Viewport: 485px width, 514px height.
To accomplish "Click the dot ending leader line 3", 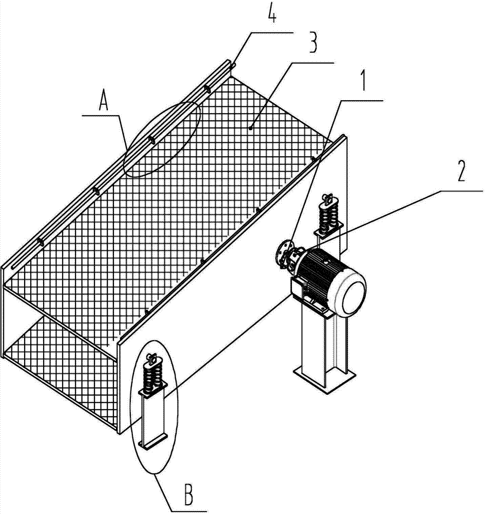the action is pos(250,128).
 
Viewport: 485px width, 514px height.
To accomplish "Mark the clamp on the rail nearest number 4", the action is pos(208,88).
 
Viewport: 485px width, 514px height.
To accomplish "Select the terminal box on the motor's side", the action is pos(298,285).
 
